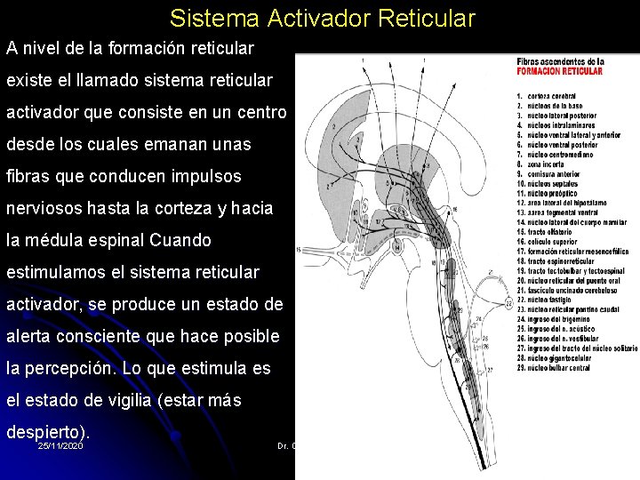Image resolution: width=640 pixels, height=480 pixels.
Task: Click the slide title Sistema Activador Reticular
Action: coord(323,18)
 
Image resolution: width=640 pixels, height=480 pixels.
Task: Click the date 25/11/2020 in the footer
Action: coord(61,445)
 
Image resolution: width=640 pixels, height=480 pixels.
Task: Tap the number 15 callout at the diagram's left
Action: coord(299,248)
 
